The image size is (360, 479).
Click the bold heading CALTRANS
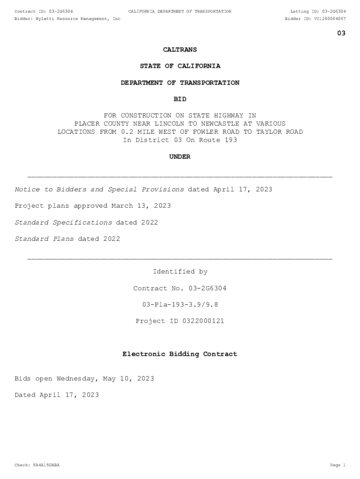[180, 50]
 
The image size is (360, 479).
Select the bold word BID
[180, 99]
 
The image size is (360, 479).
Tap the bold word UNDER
[180, 157]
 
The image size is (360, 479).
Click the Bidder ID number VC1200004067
[330, 19]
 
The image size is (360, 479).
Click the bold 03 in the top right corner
[341, 33]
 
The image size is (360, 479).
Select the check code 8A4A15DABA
[46, 465]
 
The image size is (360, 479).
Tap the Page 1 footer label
[338, 465]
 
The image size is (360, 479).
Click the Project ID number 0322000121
[199, 321]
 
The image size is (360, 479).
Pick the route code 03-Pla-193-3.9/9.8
[180, 305]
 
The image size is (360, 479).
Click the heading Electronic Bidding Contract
[180, 355]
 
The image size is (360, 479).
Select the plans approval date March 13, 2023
[141, 206]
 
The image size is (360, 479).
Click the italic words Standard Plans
[44, 239]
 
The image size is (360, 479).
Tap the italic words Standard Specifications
[64, 223]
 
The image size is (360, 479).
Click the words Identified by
[180, 272]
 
